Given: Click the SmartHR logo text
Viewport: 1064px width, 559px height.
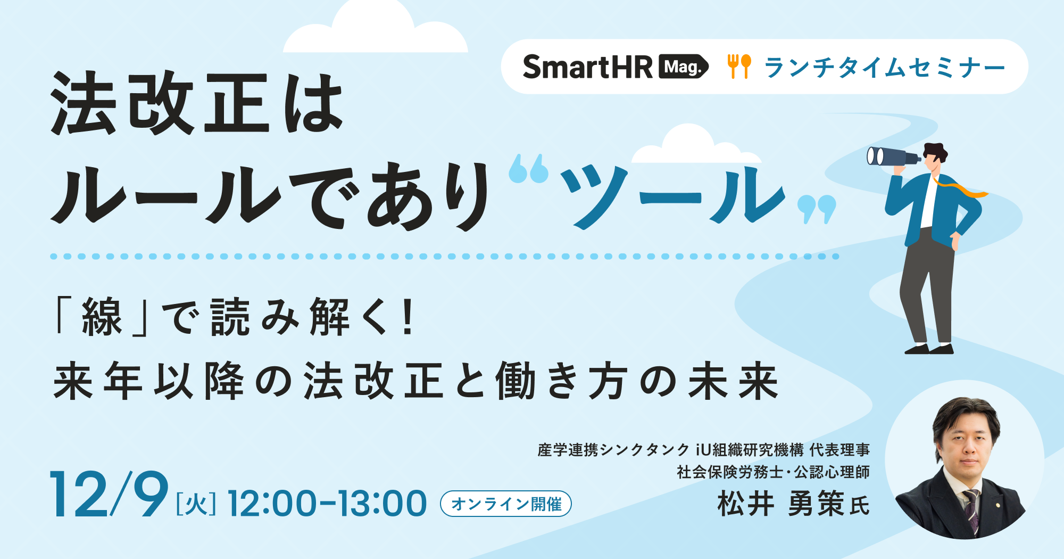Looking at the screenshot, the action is click(587, 67).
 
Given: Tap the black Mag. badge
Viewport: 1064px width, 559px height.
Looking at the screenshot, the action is click(684, 67).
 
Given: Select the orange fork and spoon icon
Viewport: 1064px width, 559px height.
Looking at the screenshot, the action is click(739, 67).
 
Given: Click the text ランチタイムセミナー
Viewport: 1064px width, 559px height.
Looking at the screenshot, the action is click(885, 68).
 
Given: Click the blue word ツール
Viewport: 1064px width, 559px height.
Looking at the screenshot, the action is click(673, 196).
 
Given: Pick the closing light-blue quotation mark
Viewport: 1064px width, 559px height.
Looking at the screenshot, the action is click(817, 209).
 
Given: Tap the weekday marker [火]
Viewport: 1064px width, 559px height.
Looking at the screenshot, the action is click(196, 504).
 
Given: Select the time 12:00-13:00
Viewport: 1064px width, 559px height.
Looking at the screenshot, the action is click(327, 504).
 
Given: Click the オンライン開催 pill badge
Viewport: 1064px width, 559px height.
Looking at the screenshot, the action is click(506, 504).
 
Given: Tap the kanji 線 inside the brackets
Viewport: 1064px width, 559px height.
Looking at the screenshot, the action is click(102, 317).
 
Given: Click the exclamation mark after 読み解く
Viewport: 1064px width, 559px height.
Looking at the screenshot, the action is click(408, 317).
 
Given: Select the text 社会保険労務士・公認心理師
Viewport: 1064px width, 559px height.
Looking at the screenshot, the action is click(773, 472).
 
